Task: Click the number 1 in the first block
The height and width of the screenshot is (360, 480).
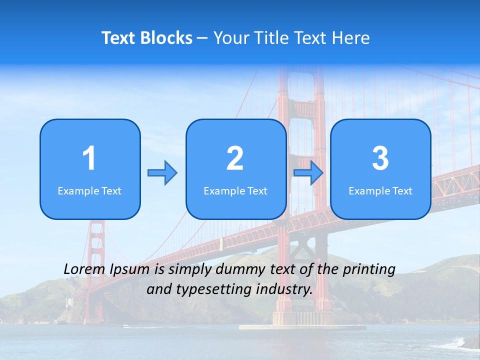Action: coord(89,158)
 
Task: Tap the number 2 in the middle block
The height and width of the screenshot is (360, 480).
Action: coord(235,158)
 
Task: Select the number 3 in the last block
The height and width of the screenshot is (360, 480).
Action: coord(380,158)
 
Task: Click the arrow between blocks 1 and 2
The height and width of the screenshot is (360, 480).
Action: coord(162,173)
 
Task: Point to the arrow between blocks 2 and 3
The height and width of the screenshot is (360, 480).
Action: coord(308,173)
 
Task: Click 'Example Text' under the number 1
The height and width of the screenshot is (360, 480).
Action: coord(89,190)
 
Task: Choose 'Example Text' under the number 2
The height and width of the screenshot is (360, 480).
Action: coord(235,190)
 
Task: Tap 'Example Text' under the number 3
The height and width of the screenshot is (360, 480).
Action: coord(380,190)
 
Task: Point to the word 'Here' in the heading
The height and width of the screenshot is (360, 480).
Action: coord(351,38)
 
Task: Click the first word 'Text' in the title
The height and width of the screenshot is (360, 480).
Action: coord(119,38)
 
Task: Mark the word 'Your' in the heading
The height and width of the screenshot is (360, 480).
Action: coord(230,38)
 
